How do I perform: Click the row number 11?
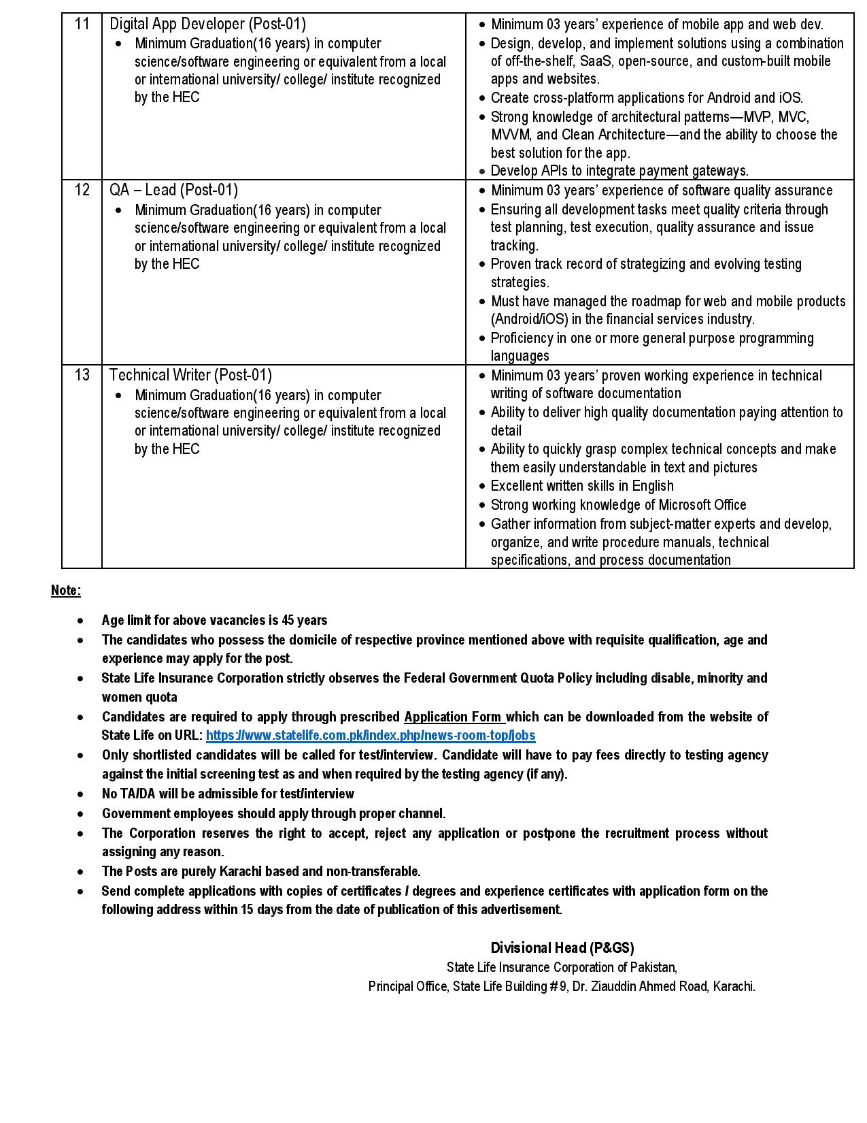coord(82,25)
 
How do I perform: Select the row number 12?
coord(82,191)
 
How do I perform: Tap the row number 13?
coord(82,375)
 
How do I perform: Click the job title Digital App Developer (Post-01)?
coord(207,25)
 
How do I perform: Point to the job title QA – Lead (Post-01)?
coord(173,191)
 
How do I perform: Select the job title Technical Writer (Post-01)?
coord(190,375)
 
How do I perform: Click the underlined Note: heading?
coord(65,591)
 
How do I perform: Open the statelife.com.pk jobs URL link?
coord(370,736)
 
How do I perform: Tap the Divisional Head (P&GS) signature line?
coord(562,948)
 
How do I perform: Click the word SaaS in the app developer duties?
coord(594,61)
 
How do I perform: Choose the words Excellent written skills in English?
coord(582,486)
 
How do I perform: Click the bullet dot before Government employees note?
coord(81,814)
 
